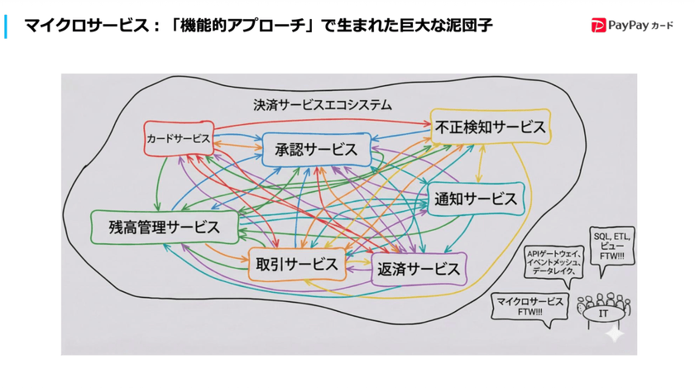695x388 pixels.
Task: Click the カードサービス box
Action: (x=179, y=139)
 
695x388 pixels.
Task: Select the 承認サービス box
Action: (x=316, y=150)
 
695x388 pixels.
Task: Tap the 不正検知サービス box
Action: (x=490, y=127)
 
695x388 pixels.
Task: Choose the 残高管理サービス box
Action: (x=164, y=227)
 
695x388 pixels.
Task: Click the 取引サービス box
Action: (x=297, y=264)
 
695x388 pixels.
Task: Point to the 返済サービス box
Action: (x=418, y=269)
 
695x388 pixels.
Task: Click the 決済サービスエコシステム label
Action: (x=323, y=105)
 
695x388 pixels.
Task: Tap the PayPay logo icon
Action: (x=597, y=26)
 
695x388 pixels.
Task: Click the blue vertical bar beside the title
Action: (x=6, y=26)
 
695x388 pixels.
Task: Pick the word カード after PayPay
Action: (x=662, y=27)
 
